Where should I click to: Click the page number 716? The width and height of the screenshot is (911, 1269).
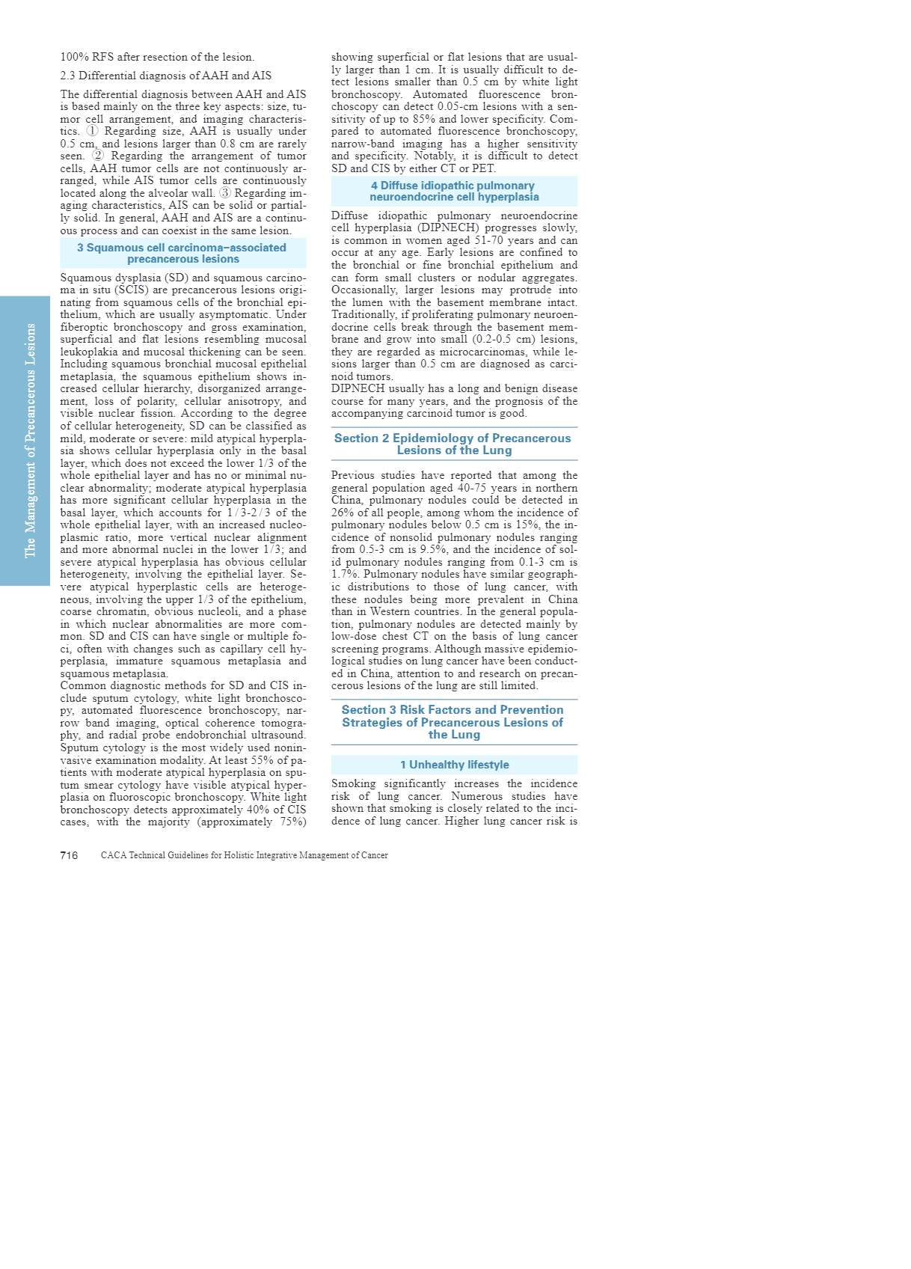(69, 855)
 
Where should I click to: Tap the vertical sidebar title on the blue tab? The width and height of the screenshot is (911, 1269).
(31, 440)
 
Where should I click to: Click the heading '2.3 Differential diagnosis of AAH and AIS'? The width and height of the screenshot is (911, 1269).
(165, 76)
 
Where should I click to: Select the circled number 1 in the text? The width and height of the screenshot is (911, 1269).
(92, 131)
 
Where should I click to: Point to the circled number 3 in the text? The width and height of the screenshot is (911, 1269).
(225, 193)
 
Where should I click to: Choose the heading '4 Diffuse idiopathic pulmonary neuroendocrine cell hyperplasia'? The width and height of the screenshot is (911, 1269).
(454, 192)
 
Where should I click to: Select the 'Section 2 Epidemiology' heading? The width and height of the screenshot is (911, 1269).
(453, 444)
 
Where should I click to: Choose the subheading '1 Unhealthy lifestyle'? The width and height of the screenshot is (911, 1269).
(454, 765)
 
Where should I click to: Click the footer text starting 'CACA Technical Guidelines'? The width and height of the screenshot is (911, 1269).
(244, 855)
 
